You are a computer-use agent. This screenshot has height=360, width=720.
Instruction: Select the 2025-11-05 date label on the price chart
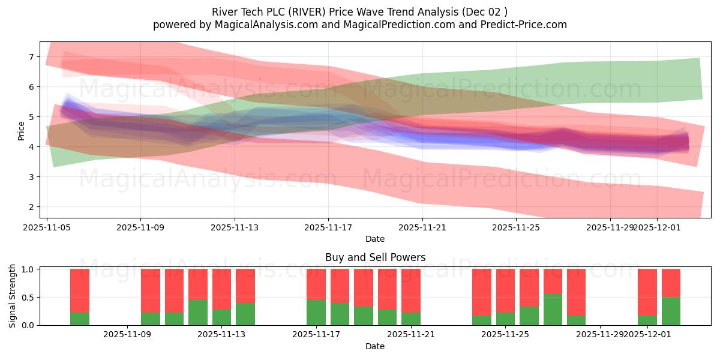pyautogui.click(x=47, y=228)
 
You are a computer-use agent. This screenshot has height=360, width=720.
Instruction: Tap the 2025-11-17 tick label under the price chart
pyautogui.click(x=328, y=228)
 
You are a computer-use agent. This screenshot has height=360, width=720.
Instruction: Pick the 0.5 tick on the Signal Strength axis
pyautogui.click(x=29, y=298)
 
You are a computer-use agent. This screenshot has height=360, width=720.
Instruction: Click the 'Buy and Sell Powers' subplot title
pyautogui.click(x=375, y=257)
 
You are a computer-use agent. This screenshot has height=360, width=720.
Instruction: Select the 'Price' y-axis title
pyautogui.click(x=22, y=131)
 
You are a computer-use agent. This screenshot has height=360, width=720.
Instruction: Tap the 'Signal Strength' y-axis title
pyautogui.click(x=13, y=296)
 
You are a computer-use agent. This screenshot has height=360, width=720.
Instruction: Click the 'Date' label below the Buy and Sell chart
pyautogui.click(x=375, y=346)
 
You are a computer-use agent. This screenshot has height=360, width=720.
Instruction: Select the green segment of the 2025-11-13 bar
pyautogui.click(x=221, y=317)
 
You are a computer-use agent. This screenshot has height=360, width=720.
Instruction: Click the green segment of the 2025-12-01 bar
pyautogui.click(x=647, y=320)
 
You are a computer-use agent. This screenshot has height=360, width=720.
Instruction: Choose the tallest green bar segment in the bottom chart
pyautogui.click(x=553, y=310)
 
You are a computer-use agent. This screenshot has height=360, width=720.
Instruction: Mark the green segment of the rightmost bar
pyautogui.click(x=671, y=311)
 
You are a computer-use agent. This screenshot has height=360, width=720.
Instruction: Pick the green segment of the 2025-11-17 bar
pyautogui.click(x=316, y=313)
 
